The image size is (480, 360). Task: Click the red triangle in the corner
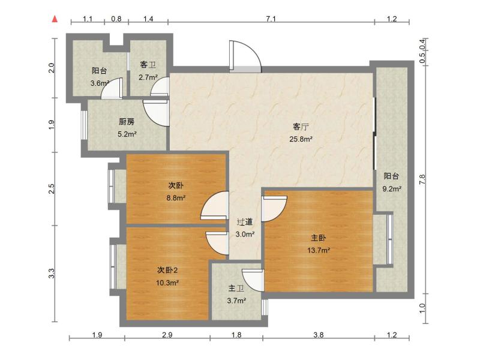click(55, 19)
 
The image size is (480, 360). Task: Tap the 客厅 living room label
click(301, 127)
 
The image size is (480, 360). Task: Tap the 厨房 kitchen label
click(127, 122)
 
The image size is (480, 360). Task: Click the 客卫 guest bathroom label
click(148, 65)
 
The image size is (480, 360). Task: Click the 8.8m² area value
click(176, 197)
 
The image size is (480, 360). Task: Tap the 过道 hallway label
click(244, 221)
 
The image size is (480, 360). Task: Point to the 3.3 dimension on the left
click(52, 273)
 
